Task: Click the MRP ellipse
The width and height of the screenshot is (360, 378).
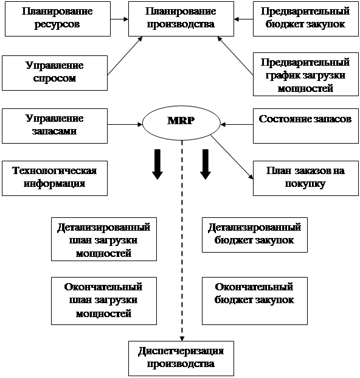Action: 181,123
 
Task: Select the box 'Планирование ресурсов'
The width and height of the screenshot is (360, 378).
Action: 58,19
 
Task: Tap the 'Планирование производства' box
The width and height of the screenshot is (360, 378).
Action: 181,19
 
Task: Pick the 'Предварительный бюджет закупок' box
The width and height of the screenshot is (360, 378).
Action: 306,19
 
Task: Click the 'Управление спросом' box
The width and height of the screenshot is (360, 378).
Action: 55,73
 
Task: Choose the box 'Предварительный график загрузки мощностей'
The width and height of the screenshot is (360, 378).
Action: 306,74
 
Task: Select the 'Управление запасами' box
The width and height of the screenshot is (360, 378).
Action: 55,126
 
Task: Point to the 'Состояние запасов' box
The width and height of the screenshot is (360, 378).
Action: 306,126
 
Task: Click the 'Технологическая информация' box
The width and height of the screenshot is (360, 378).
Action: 55,178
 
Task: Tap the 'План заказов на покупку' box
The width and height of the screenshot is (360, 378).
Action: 306,178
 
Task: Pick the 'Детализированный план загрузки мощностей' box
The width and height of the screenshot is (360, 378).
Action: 104,239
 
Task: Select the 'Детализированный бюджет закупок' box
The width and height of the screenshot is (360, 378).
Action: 255,235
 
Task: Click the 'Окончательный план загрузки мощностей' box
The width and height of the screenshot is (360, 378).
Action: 104,301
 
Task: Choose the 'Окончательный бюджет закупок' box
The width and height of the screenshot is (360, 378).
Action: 255,301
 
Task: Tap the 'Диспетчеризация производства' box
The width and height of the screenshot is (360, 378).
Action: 181,359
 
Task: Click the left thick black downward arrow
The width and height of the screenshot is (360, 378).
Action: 157,164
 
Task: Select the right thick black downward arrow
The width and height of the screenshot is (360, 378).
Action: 206,164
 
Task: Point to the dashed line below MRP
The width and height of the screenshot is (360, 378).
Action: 182,240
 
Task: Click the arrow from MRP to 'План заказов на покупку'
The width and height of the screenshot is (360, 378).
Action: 232,157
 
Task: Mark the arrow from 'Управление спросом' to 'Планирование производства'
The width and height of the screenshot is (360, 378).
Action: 125,55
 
